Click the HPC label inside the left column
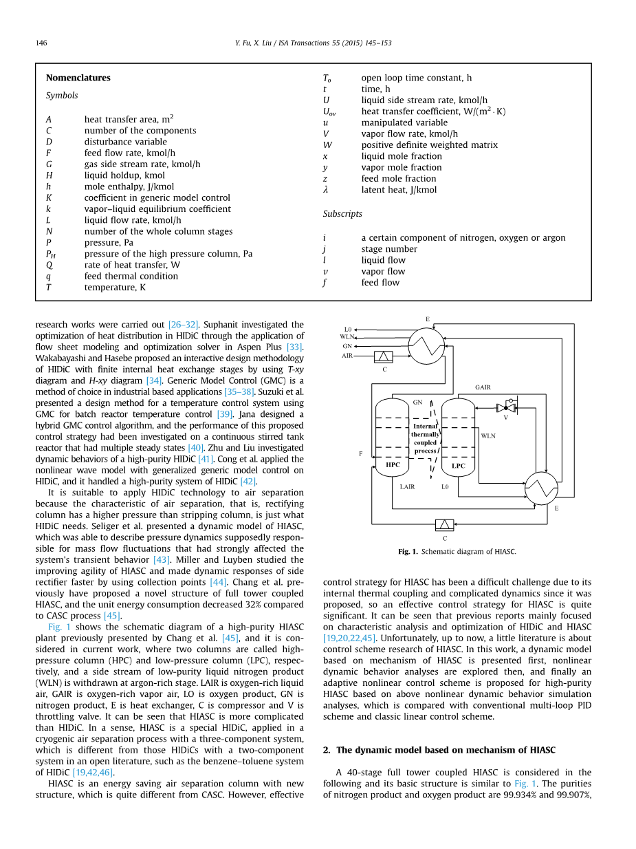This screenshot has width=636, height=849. pyautogui.click(x=393, y=465)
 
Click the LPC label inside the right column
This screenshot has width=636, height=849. pyautogui.click(x=458, y=466)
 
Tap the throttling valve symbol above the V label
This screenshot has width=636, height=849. pyautogui.click(x=506, y=408)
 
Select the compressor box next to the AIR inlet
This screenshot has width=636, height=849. pyautogui.click(x=384, y=356)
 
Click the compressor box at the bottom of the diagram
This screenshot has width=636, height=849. pyautogui.click(x=444, y=525)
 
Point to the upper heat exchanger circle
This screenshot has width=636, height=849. pyautogui.click(x=426, y=346)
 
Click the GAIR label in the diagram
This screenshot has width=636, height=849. pyautogui.click(x=483, y=387)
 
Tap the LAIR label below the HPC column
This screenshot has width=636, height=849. pyautogui.click(x=407, y=486)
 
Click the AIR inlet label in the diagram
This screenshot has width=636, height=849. pyautogui.click(x=347, y=356)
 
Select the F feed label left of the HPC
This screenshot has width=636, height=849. pyautogui.click(x=360, y=454)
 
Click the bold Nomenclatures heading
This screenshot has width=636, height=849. pyautogui.click(x=78, y=78)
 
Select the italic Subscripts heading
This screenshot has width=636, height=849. pyautogui.click(x=342, y=214)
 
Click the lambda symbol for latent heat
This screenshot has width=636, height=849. pyautogui.click(x=325, y=190)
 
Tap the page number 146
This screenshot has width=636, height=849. pyautogui.click(x=41, y=43)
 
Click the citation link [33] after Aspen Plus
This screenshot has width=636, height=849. pyautogui.click(x=294, y=347)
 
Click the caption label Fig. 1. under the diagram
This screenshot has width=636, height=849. pyautogui.click(x=408, y=552)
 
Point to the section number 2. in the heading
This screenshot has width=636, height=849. pyautogui.click(x=327, y=750)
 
